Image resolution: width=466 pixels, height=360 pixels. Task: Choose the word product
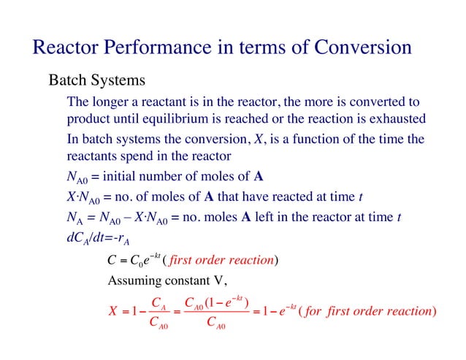[88, 118]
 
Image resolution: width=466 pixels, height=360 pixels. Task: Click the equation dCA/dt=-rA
[93, 237]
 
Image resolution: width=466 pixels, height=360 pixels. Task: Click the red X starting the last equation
[113, 312]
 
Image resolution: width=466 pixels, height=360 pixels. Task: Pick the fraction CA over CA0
[155, 312]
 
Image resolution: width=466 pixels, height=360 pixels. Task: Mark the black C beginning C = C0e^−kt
[112, 259]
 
